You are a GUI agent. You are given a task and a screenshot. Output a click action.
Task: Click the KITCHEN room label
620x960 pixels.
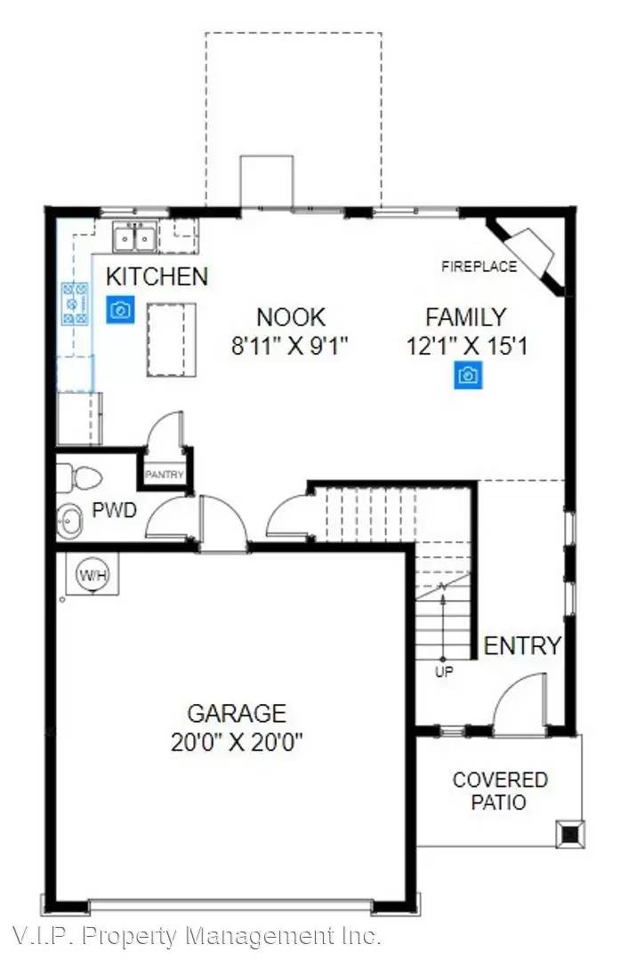point(157,276)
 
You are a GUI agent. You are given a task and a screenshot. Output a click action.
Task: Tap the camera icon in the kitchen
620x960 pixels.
point(120,309)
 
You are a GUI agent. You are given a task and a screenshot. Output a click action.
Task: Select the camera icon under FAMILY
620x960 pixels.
point(468,376)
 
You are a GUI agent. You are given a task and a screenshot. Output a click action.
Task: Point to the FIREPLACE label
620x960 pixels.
point(479,266)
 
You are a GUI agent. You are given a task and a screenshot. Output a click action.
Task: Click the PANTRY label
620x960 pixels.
point(165,475)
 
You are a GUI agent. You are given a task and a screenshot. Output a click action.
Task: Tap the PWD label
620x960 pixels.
point(113,511)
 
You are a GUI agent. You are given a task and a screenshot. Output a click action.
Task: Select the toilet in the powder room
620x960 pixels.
point(78,478)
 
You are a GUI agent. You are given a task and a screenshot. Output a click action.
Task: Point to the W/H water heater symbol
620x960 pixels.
point(93,575)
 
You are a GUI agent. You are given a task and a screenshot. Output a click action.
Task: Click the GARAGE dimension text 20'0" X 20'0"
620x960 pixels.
point(237,742)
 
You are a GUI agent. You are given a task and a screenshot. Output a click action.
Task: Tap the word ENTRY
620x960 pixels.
point(522,645)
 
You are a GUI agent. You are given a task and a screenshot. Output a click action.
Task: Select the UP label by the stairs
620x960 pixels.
point(443,672)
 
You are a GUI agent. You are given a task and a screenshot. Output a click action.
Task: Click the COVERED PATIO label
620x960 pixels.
point(500,791)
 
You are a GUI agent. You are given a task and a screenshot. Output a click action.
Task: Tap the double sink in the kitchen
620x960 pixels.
point(135,238)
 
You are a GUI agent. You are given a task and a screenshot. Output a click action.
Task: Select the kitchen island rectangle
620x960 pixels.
point(172,340)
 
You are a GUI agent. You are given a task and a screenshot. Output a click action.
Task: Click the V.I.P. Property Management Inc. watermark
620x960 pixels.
point(197,936)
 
